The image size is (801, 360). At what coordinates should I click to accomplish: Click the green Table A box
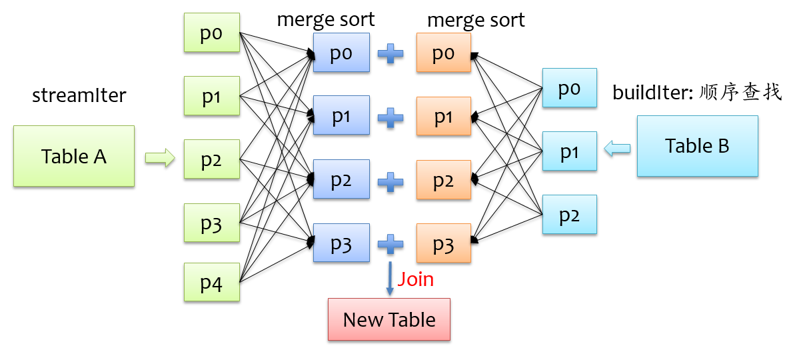tap(74, 156)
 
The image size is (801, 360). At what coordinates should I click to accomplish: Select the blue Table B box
tap(697, 146)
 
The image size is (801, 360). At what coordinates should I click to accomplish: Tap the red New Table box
tap(389, 319)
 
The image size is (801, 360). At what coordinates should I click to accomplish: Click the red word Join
tap(415, 279)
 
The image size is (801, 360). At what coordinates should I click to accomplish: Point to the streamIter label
tap(79, 96)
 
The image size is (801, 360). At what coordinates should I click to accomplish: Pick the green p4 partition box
tap(211, 283)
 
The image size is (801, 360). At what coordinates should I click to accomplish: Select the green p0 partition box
tap(211, 33)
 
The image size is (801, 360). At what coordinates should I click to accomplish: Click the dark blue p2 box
tap(341, 179)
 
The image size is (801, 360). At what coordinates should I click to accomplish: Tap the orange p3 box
tap(443, 244)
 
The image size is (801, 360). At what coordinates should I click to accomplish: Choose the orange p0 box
tap(443, 53)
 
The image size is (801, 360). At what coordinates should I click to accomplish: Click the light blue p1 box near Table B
tap(569, 151)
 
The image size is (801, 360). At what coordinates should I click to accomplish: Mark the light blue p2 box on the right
tap(569, 215)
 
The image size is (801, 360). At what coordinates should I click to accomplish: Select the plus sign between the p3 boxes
tap(391, 244)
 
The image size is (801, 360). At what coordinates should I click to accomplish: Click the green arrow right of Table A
tap(160, 158)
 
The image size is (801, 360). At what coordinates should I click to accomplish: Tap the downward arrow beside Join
tap(389, 279)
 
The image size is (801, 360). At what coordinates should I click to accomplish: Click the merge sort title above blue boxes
tap(326, 20)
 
